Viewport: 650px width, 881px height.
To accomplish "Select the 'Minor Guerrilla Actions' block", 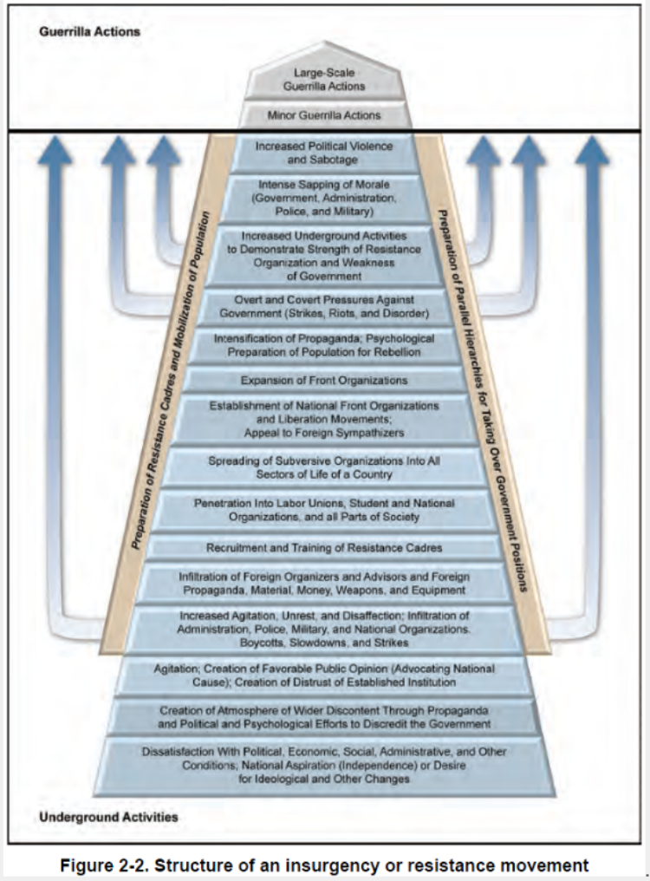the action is [x=323, y=115].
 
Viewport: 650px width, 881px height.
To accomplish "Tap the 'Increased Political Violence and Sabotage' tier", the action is [x=324, y=153].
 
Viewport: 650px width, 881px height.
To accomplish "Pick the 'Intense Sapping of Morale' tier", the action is [x=324, y=198].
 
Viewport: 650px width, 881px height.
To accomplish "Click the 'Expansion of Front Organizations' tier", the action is [x=324, y=381].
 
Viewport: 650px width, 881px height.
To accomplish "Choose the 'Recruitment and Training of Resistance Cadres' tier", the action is [x=324, y=547].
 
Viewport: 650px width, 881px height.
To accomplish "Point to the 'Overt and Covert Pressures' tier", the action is [x=324, y=306].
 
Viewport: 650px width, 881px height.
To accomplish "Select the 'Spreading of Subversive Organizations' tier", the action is [x=324, y=467].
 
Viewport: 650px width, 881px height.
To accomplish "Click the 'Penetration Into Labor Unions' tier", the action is [x=324, y=510].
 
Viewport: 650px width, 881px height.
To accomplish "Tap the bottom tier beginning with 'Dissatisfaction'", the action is [x=324, y=766].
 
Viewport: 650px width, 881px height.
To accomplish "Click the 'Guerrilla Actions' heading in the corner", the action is [x=89, y=31].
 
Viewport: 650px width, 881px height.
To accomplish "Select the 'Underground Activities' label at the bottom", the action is [x=108, y=817].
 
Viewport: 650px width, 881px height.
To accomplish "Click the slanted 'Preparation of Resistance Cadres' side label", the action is [x=170, y=380].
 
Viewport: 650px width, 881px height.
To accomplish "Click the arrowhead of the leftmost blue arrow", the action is [x=55, y=150].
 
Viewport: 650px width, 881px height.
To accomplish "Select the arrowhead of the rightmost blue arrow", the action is [x=592, y=150].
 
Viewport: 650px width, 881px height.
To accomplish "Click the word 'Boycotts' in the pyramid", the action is [x=261, y=643].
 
